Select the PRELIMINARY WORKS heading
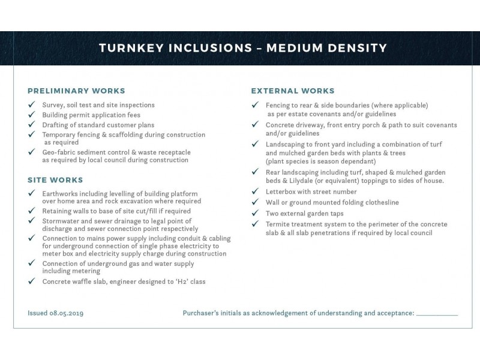click(76, 91)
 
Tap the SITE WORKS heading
click(55, 180)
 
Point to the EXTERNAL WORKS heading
click(292, 91)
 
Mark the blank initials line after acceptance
click(437, 313)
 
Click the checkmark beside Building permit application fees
click(31, 115)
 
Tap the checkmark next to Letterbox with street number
click(254, 192)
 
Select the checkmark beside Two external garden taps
click(254, 214)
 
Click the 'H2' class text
click(186, 281)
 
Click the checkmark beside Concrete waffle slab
click(31, 281)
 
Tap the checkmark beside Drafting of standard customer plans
click(31, 125)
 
